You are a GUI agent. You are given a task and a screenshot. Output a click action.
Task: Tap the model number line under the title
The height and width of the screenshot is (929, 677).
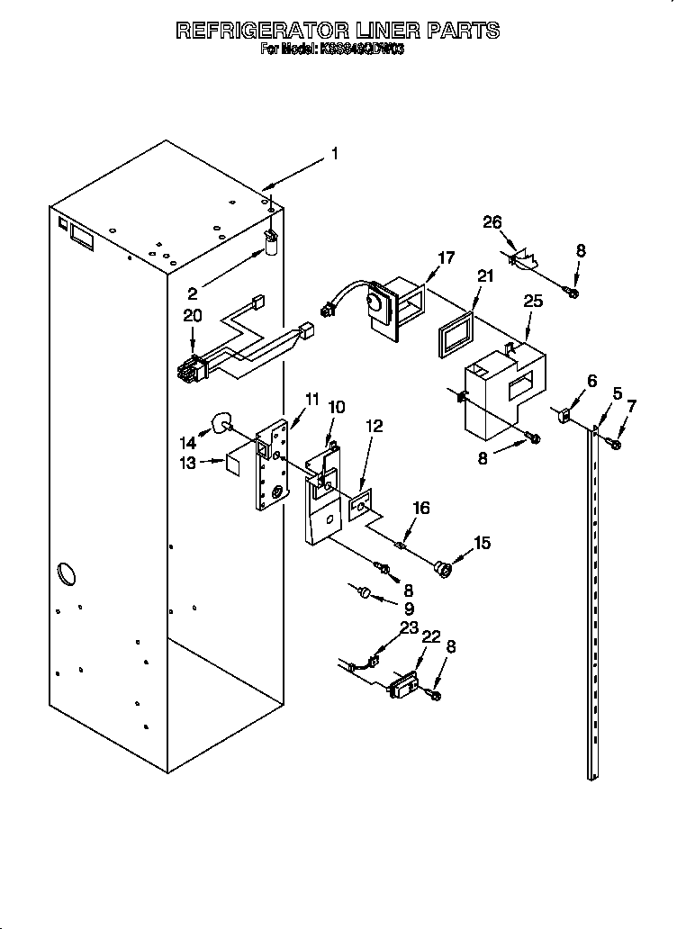[x=332, y=50]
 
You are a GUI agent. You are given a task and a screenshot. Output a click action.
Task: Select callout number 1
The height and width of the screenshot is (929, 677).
[x=334, y=154]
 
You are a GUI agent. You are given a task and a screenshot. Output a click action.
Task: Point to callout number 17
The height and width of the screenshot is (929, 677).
[x=446, y=257]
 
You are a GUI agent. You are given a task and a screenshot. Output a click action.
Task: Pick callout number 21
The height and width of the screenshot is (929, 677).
[x=486, y=276]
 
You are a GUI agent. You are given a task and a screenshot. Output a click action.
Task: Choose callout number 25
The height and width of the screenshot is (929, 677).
[x=533, y=301]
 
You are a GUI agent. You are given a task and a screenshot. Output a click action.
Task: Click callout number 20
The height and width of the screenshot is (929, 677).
[x=192, y=315]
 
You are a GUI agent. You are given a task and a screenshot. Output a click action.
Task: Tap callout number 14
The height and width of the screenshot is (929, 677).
[x=186, y=442]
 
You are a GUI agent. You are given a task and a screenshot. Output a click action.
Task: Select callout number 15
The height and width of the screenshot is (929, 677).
[x=483, y=543]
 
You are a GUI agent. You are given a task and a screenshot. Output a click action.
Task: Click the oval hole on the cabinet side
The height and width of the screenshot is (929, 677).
[x=67, y=572]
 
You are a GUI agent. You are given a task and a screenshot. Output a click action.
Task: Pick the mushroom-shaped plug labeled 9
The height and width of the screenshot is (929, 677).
[x=365, y=591]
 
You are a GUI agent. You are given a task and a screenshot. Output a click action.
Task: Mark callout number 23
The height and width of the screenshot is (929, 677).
[x=410, y=627]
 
